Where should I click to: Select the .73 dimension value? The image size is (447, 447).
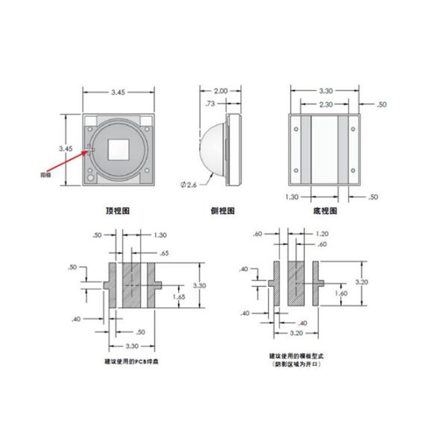point(211,104)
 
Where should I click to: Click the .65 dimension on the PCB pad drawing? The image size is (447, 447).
point(165,254)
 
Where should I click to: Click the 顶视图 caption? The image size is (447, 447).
point(118,212)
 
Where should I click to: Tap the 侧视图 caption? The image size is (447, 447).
point(222,212)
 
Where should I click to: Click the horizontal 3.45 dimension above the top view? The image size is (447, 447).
point(118,92)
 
